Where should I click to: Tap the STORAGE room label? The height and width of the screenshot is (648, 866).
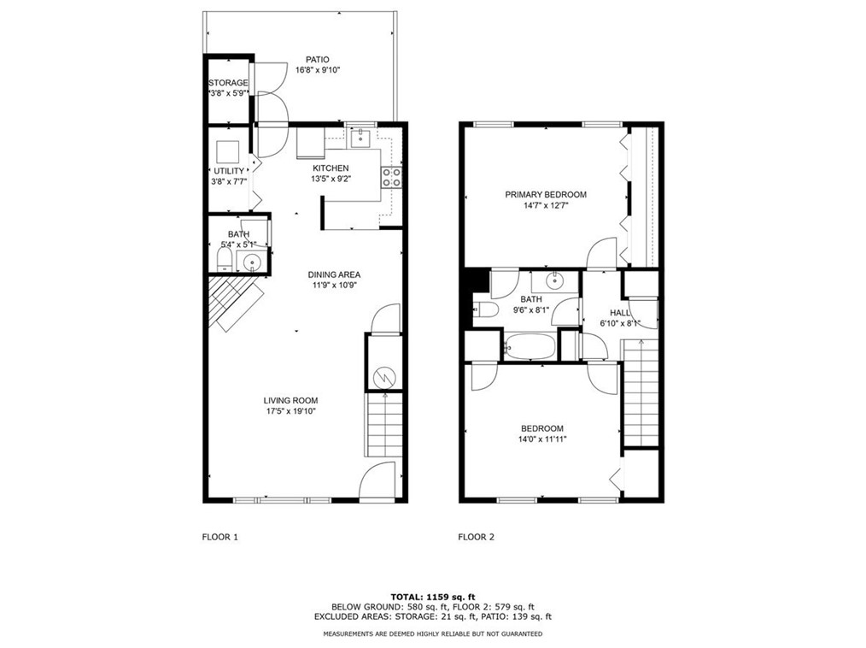pos(228,83)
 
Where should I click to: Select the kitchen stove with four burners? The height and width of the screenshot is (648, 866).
pos(391,177)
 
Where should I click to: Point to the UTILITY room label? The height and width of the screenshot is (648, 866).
pos(228,171)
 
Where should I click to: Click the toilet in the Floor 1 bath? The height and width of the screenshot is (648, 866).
pos(223,259)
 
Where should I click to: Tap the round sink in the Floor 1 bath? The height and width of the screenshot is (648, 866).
pos(251,262)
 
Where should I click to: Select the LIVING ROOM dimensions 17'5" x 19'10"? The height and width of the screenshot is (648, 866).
pos(290,411)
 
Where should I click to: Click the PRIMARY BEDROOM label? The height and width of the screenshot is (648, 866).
pos(545,194)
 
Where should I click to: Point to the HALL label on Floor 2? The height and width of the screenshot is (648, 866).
pos(620,313)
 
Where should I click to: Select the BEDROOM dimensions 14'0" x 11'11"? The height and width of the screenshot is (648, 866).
pos(542,439)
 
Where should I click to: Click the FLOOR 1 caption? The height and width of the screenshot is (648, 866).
pos(219,537)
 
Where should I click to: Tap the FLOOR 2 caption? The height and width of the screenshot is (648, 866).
pos(476,537)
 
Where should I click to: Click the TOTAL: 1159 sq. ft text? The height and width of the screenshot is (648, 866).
pos(432,596)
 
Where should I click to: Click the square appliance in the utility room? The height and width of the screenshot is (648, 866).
pos(227,151)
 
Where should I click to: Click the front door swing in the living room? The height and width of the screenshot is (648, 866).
pos(377,482)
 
